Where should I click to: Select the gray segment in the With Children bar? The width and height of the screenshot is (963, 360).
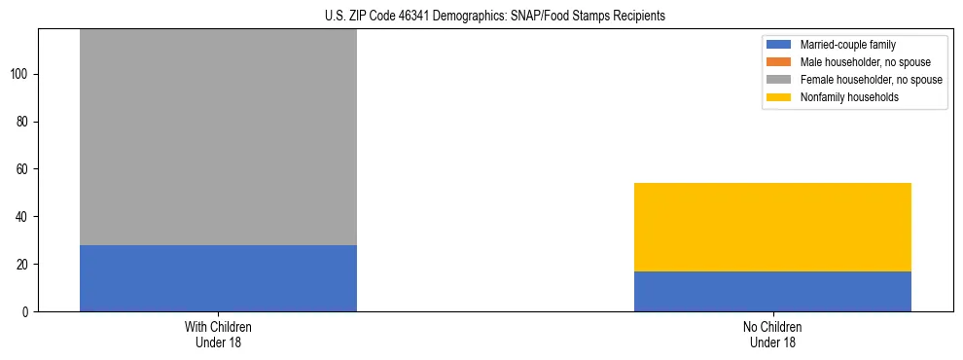[218, 136]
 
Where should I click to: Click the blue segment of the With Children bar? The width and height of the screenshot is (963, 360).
[218, 278]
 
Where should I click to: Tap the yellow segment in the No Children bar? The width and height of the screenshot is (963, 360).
[772, 227]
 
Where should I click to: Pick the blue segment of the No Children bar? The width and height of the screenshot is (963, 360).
[772, 291]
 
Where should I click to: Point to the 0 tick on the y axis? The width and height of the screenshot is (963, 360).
[27, 311]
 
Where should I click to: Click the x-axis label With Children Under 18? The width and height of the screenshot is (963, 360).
[218, 334]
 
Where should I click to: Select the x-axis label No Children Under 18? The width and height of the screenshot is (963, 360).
[772, 334]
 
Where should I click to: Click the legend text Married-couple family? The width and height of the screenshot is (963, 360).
[848, 45]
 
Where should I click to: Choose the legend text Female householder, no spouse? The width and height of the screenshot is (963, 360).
[871, 80]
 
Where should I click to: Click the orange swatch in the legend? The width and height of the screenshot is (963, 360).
[779, 62]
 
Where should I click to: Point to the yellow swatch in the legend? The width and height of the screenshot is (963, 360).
[779, 97]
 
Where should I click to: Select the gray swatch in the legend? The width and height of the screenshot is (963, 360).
[779, 80]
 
